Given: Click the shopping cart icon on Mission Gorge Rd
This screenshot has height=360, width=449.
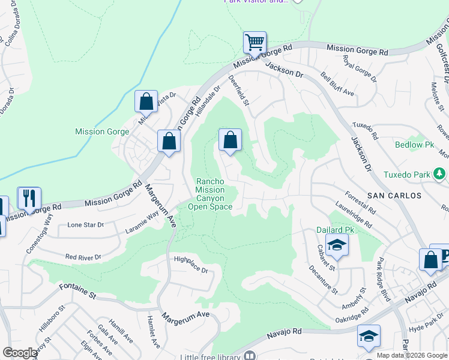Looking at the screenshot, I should click(x=255, y=43).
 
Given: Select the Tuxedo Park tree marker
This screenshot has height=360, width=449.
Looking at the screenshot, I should click(x=440, y=175).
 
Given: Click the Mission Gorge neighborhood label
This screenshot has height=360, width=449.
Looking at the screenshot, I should click(x=101, y=131).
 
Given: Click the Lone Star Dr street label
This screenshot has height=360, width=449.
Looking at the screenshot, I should click(x=86, y=225).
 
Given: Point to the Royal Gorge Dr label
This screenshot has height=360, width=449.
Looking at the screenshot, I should click(x=359, y=69).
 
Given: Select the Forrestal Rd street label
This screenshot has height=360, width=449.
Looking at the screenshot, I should click(x=361, y=202).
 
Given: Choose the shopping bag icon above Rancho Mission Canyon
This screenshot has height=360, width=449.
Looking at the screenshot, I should click(x=230, y=140).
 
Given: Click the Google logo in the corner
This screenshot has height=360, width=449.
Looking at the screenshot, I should click(x=20, y=353).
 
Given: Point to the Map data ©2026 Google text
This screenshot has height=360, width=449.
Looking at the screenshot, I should click(x=412, y=355).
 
